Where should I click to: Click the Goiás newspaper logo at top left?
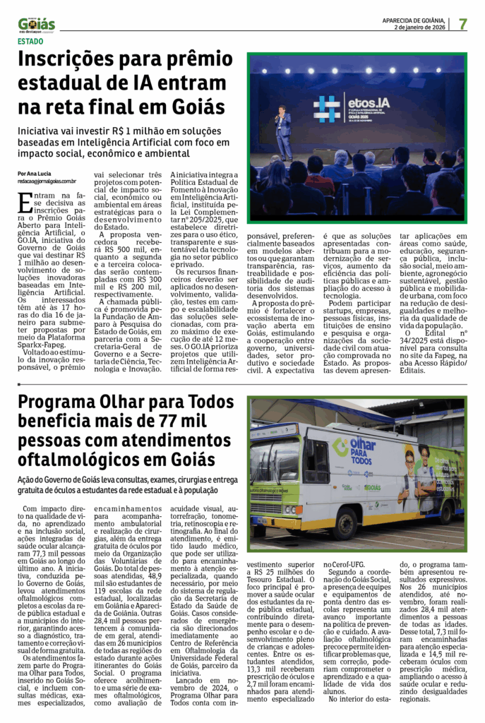pyautogui.click(x=36, y=25)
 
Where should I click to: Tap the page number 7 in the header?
pyautogui.click(x=463, y=23)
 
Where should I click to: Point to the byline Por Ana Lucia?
pyautogui.click(x=35, y=174)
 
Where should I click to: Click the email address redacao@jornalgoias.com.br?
pyautogui.click(x=48, y=181)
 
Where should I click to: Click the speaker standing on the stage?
pyautogui.click(x=282, y=131)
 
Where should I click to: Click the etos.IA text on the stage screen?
pyautogui.click(x=368, y=103)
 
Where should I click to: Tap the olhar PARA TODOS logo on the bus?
pyautogui.click(x=359, y=449)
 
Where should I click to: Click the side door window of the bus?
pyautogui.click(x=315, y=462)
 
